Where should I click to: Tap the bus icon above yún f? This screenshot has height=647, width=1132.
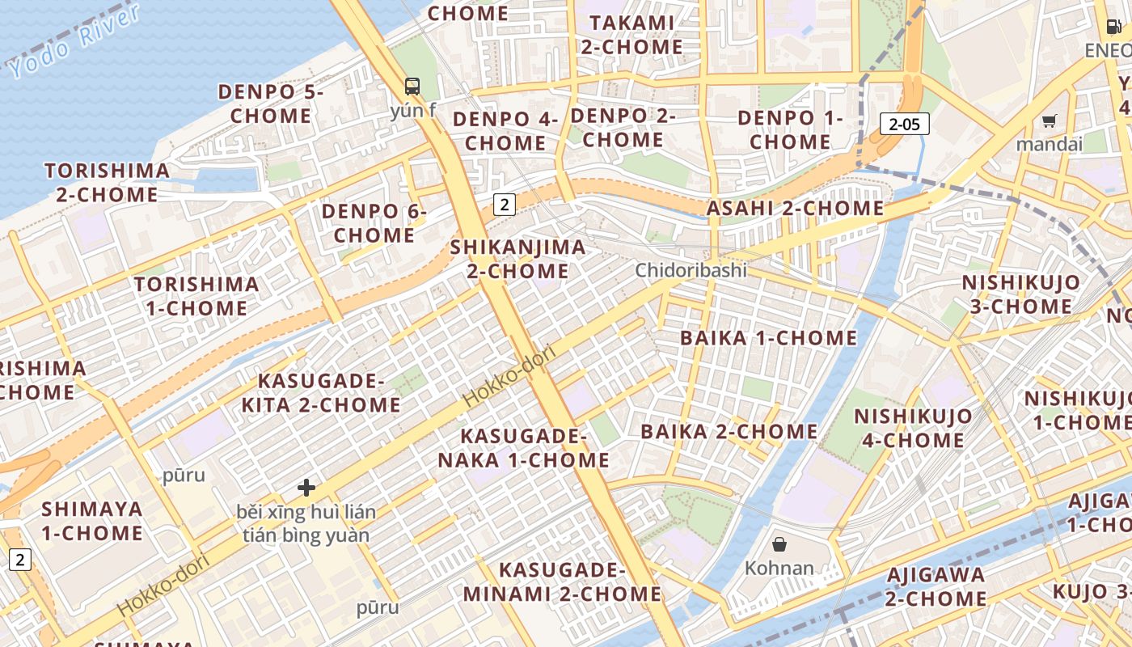coord(412,86)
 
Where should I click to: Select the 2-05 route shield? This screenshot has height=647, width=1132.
coord(904,124)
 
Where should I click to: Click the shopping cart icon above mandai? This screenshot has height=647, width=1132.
coord(1049,121)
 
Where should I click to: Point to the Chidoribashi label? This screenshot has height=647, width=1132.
coord(691,270)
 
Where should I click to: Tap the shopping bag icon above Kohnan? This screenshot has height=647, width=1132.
coord(779,544)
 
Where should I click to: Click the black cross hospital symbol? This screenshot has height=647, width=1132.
coord(306,487)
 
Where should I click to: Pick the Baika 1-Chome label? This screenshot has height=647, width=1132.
coord(768,338)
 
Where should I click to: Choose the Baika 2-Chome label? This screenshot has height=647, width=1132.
coord(729,431)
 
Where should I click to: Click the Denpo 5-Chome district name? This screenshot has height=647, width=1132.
coord(270,104)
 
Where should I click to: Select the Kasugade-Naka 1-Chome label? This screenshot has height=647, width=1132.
coord(524,448)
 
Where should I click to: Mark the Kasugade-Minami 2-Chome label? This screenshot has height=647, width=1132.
coord(562,582)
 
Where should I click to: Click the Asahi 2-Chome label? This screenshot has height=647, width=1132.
coord(795,209)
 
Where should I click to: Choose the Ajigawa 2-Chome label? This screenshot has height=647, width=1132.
coord(936,587)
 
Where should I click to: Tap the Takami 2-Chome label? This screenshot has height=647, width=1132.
coord(631,35)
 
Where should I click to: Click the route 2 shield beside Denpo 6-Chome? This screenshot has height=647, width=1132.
coord(504,205)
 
